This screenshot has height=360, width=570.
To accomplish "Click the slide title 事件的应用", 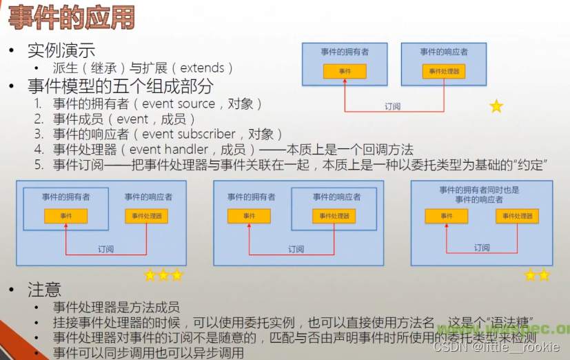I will pos(71,19).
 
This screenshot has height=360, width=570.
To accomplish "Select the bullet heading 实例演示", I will pos(61,50).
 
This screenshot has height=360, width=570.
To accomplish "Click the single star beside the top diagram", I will pos(496,106).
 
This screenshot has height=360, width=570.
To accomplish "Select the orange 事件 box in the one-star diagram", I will pos(345,71).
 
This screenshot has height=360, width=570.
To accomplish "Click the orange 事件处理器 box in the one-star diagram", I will pos(444,71).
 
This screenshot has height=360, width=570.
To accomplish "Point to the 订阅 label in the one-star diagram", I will pos(392,107).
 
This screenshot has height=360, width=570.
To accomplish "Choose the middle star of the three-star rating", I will pos(163,275).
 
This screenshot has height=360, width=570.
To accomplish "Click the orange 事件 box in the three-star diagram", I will pos(65,216).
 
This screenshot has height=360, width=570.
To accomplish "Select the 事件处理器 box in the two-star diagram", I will pos(517,216).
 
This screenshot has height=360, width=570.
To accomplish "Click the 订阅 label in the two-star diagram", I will pos(482,248).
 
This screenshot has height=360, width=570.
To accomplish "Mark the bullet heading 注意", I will pos(44,289).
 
